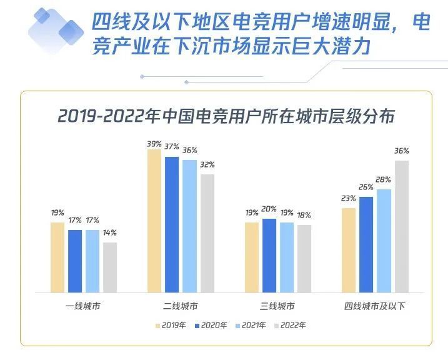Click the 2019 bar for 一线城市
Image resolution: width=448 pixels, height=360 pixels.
click(x=57, y=257)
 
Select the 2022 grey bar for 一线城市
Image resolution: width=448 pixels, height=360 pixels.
click(x=110, y=267)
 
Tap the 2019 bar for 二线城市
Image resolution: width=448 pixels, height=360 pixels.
click(x=154, y=221)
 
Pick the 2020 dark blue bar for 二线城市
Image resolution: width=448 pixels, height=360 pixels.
click(x=172, y=224)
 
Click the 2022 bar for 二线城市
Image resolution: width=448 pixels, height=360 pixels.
click(x=207, y=233)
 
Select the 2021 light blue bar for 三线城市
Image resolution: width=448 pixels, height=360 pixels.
click(x=287, y=257)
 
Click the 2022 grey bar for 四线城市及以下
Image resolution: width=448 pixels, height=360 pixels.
click(x=402, y=226)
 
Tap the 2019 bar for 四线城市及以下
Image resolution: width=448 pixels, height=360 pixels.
click(x=349, y=250)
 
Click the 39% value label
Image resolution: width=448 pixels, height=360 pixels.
click(x=154, y=144)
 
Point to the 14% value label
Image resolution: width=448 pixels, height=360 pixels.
click(x=110, y=232)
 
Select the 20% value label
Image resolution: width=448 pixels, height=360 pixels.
click(x=269, y=209)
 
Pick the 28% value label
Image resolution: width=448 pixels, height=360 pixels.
click(x=384, y=179)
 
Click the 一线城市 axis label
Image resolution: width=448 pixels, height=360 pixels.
click(x=84, y=307)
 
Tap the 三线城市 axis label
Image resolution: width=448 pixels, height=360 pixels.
click(x=278, y=307)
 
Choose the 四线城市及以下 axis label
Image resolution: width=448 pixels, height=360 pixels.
click(x=375, y=307)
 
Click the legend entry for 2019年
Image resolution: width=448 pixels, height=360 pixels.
click(x=171, y=326)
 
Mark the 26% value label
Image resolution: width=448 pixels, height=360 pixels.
click(x=366, y=187)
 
